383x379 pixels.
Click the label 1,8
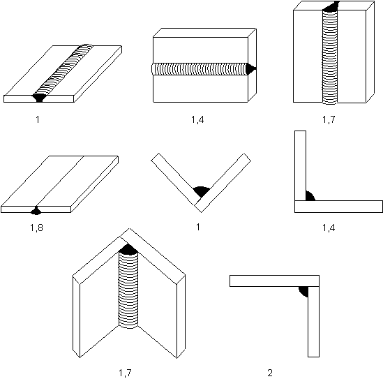pyautogui.click(x=36, y=228)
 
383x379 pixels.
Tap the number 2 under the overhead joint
pyautogui.click(x=270, y=373)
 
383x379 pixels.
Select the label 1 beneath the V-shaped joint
pyautogui.click(x=198, y=227)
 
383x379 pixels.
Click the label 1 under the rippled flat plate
pyautogui.click(x=38, y=119)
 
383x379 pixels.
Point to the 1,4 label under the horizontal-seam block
pyautogui.click(x=197, y=119)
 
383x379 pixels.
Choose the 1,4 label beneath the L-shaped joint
pyautogui.click(x=329, y=228)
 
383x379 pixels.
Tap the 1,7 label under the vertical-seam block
pyautogui.click(x=329, y=119)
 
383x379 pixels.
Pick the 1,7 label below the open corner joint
pyautogui.click(x=125, y=373)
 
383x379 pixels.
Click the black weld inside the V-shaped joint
pyautogui.click(x=202, y=191)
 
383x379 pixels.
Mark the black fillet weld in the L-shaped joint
pyautogui.click(x=310, y=197)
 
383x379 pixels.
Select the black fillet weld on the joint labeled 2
pyautogui.click(x=303, y=291)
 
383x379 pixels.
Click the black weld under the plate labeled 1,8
pyautogui.click(x=36, y=211)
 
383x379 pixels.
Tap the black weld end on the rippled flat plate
pyautogui.click(x=39, y=98)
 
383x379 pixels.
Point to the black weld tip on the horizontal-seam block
pyautogui.click(x=250, y=68)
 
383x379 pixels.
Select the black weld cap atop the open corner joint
pyautogui.click(x=128, y=249)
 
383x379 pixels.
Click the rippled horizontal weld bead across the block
pyautogui.click(x=200, y=69)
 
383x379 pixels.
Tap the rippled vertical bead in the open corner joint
pyautogui.click(x=128, y=290)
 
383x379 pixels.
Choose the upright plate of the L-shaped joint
pyautogui.click(x=300, y=165)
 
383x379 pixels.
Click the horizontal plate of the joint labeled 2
pyautogui.click(x=274, y=281)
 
